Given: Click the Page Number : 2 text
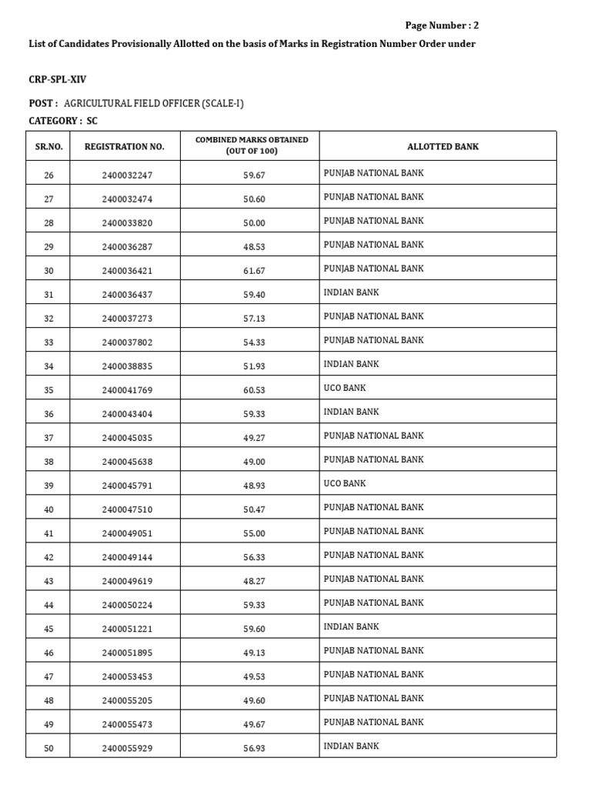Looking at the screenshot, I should tap(442, 25).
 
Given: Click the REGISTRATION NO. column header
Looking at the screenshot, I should tap(125, 146).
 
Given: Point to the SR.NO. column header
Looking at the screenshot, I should tap(49, 146).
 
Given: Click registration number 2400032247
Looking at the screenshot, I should tap(127, 175).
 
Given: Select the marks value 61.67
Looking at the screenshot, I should tap(254, 271).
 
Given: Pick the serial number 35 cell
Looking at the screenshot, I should tap(49, 390).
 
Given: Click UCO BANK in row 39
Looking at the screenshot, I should tap(345, 483).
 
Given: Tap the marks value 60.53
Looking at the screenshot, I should tap(254, 390).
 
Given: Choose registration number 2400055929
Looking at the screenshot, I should tap(127, 748).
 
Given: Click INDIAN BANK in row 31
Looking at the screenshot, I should tap(351, 292).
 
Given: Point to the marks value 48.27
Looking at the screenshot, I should tap(254, 581).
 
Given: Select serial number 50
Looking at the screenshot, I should tap(49, 748).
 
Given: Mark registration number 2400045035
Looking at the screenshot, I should tap(127, 438).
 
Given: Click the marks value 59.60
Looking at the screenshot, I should tap(254, 629).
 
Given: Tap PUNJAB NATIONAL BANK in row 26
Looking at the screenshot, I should tap(373, 173).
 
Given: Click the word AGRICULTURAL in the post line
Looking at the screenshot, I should tap(98, 104).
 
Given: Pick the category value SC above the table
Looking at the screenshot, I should tap(92, 122).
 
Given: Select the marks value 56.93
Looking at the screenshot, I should tap(254, 748).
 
